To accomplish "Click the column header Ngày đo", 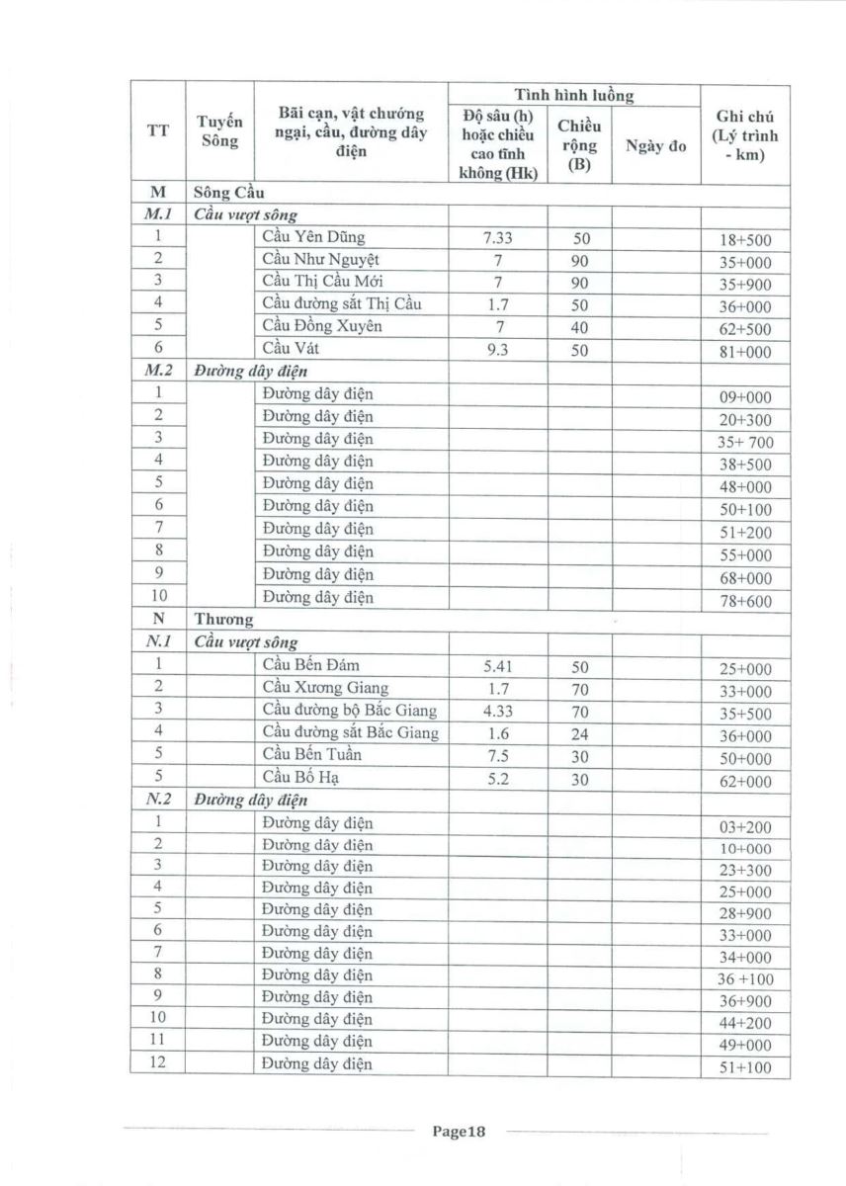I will [655, 147].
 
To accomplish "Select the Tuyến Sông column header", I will [219, 130].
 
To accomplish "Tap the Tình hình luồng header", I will [573, 95].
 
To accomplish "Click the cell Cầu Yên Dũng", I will [313, 237].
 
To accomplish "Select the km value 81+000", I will [745, 352].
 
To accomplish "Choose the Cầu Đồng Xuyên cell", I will [322, 326].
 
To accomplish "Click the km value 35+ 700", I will [745, 442].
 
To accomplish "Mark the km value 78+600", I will [745, 600].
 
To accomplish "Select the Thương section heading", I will [223, 620].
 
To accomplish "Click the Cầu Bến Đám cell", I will [311, 665].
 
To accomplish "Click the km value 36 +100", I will [745, 979].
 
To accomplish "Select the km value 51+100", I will [745, 1067].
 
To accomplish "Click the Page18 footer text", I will [461, 1133].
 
